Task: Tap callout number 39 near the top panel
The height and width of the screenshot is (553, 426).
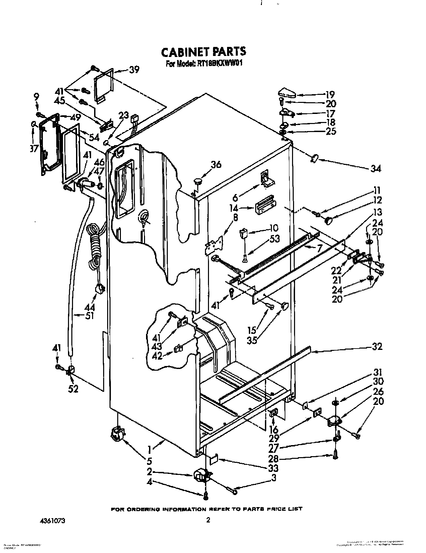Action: tap(134, 70)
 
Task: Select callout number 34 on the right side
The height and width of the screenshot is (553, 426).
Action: tap(376, 169)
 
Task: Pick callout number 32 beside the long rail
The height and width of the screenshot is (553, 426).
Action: tap(377, 347)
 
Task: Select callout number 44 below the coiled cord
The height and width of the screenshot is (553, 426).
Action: tap(90, 307)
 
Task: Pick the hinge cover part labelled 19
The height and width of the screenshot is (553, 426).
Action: tap(287, 91)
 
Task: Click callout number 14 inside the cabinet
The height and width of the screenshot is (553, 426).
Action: tap(244, 208)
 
